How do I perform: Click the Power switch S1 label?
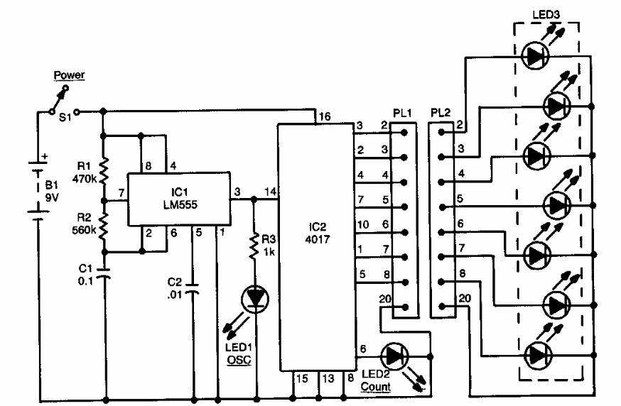click(65, 118)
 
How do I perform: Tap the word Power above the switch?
click(70, 75)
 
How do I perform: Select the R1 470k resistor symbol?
click(103, 172)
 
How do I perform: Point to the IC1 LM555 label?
click(180, 199)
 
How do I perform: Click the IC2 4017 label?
click(317, 233)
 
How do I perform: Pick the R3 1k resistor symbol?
click(254, 246)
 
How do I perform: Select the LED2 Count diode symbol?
click(394, 356)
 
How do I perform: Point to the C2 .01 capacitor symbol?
click(194, 288)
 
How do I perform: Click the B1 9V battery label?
click(52, 191)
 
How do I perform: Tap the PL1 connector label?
click(402, 113)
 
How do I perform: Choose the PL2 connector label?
click(441, 113)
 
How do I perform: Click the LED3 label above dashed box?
click(546, 15)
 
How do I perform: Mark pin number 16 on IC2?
click(325, 116)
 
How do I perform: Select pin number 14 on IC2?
click(270, 192)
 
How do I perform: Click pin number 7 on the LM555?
click(121, 193)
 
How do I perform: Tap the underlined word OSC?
click(239, 360)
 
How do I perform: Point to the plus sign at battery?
click(44, 156)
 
